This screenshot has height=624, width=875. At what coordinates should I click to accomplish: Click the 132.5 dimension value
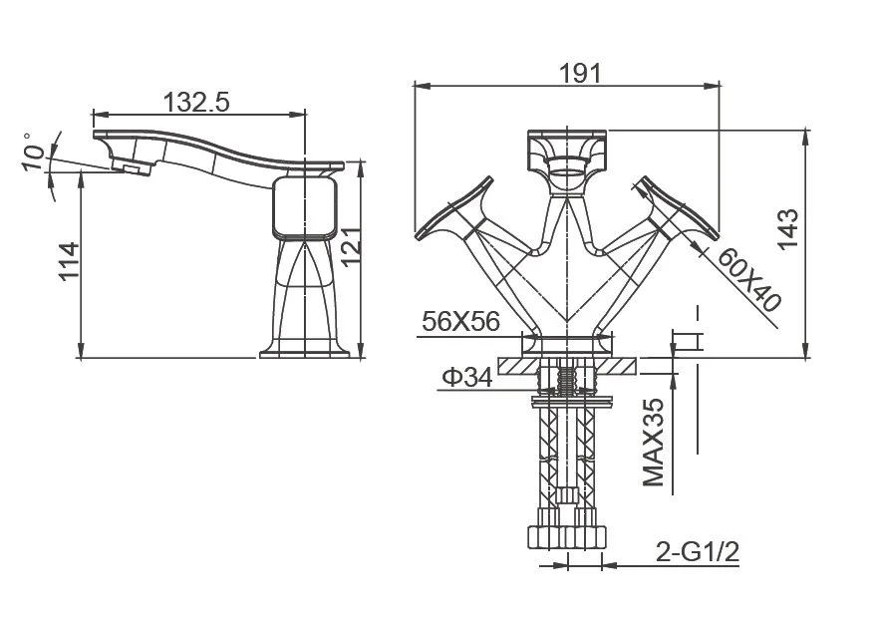pyautogui.click(x=196, y=102)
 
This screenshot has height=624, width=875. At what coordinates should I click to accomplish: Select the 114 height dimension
pyautogui.click(x=69, y=261)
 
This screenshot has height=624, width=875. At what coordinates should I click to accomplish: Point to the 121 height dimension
pyautogui.click(x=351, y=247)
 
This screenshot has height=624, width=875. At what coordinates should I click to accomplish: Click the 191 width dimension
pyautogui.click(x=580, y=73)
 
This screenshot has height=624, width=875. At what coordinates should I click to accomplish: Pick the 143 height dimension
pyautogui.click(x=788, y=229)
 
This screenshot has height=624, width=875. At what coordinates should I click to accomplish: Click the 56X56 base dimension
pyautogui.click(x=461, y=321)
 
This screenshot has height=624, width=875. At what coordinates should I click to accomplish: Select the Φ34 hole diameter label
pyautogui.click(x=467, y=378)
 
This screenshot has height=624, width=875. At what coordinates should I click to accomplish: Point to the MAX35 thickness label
pyautogui.click(x=654, y=442)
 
